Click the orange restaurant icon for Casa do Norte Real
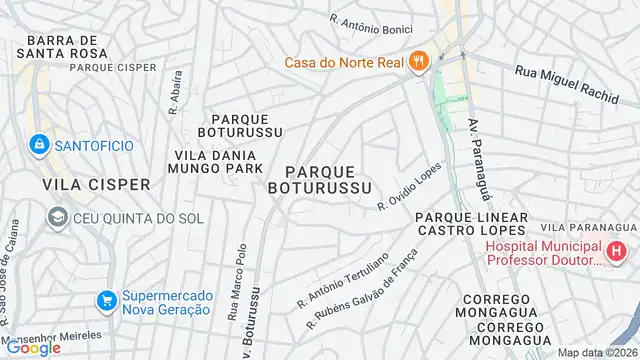click(419, 62)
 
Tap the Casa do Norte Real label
click(343, 63)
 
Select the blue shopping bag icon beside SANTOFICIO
click(39, 145)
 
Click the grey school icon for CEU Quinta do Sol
click(57, 218)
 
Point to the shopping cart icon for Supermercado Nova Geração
click(105, 300)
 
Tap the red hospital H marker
click(618, 251)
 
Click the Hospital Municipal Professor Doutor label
click(544, 252)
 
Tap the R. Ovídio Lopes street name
click(409, 187)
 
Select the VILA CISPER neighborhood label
click(96, 184)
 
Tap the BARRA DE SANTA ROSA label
click(68, 47)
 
